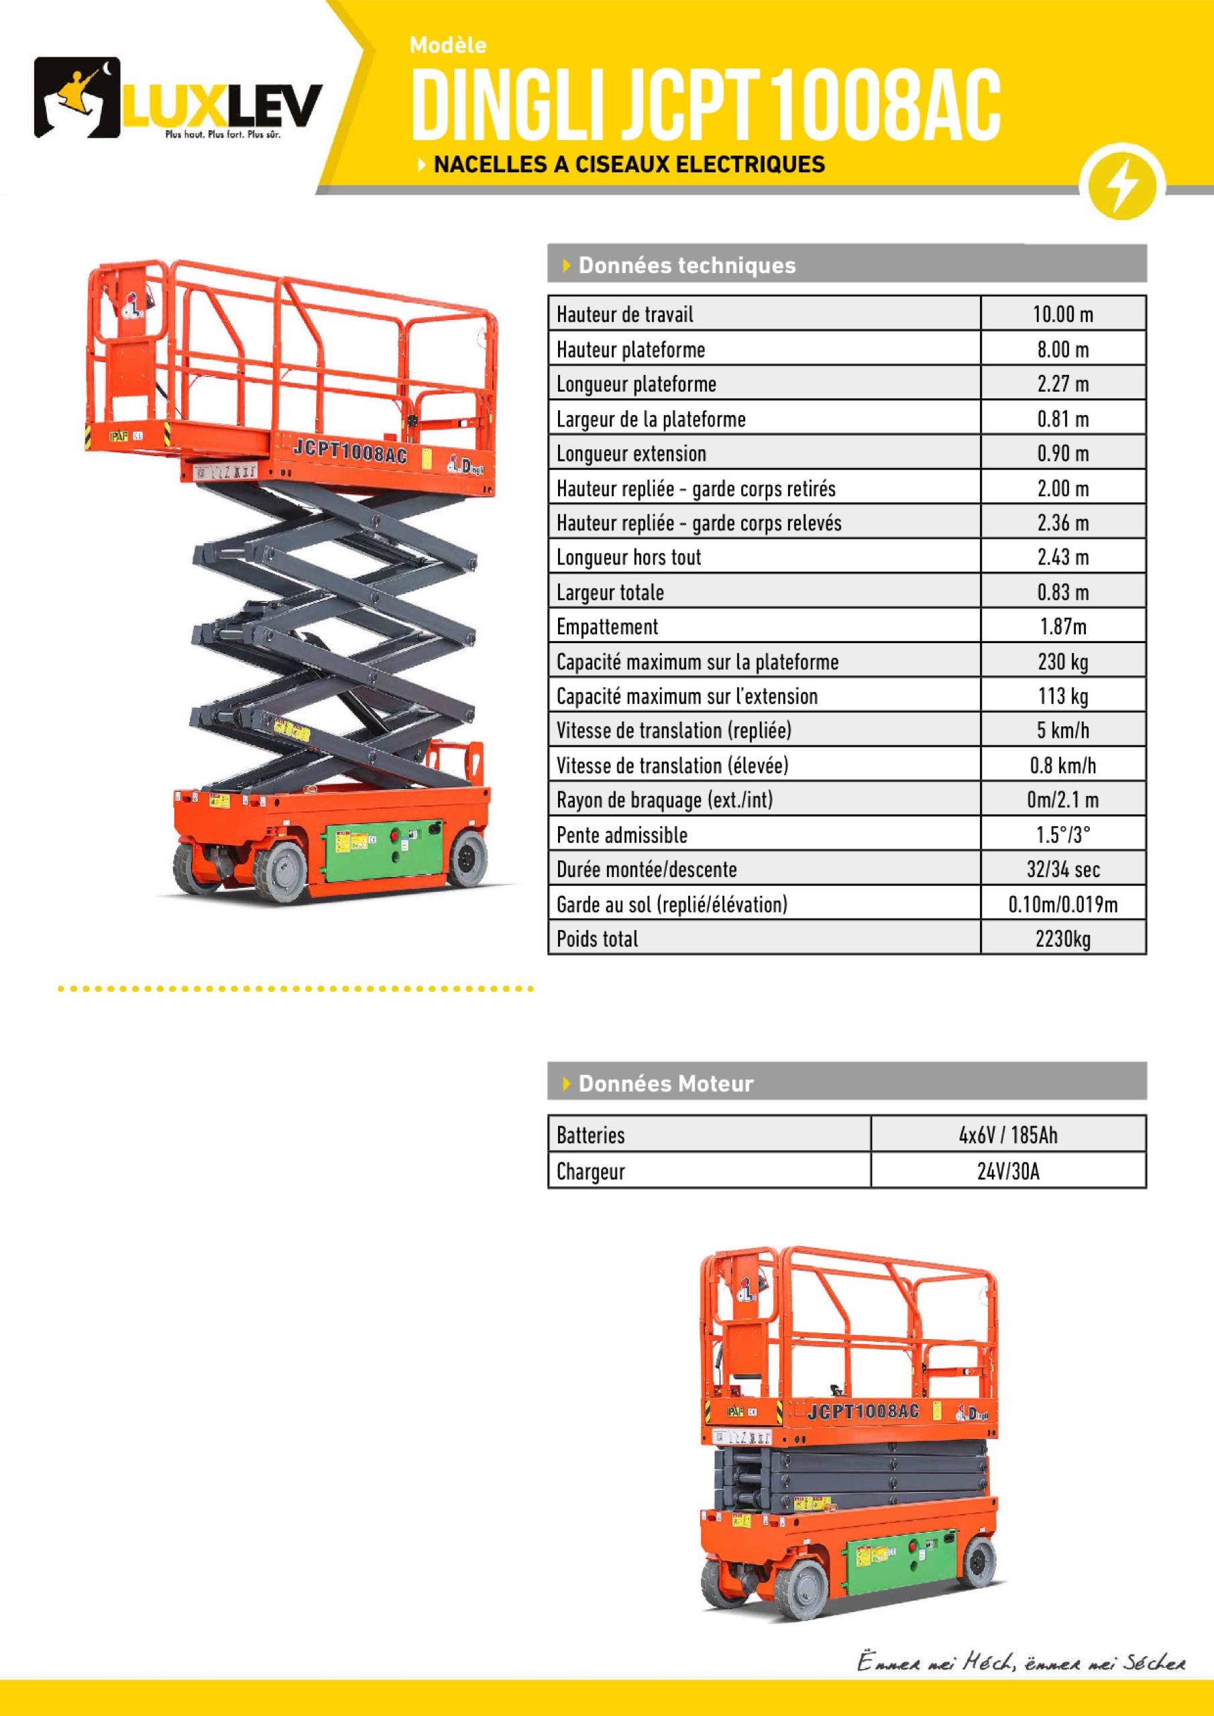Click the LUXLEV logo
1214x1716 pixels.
coord(178,98)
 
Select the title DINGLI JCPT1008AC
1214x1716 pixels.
coord(705,105)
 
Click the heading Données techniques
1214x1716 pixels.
coord(686,266)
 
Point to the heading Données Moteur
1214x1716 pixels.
coord(665,1083)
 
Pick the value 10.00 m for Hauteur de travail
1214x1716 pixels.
coord(1062,314)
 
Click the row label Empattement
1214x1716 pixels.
coord(607,626)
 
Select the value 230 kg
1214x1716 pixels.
coord(1062,661)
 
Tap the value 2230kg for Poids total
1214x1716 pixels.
coord(1062,939)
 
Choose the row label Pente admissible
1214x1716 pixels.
coord(621,835)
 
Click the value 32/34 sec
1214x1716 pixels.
coord(1062,869)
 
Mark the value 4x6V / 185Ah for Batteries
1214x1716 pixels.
coord(1007,1135)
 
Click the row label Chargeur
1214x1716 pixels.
coord(590,1171)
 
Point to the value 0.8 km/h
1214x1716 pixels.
coord(1062,765)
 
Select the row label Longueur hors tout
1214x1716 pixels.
coord(628,557)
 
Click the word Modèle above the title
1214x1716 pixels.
coord(448,46)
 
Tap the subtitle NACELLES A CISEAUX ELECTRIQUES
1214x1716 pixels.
coord(628,164)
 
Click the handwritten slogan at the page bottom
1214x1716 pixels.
coord(1020,1662)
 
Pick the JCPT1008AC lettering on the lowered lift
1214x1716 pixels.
coord(863,1411)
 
